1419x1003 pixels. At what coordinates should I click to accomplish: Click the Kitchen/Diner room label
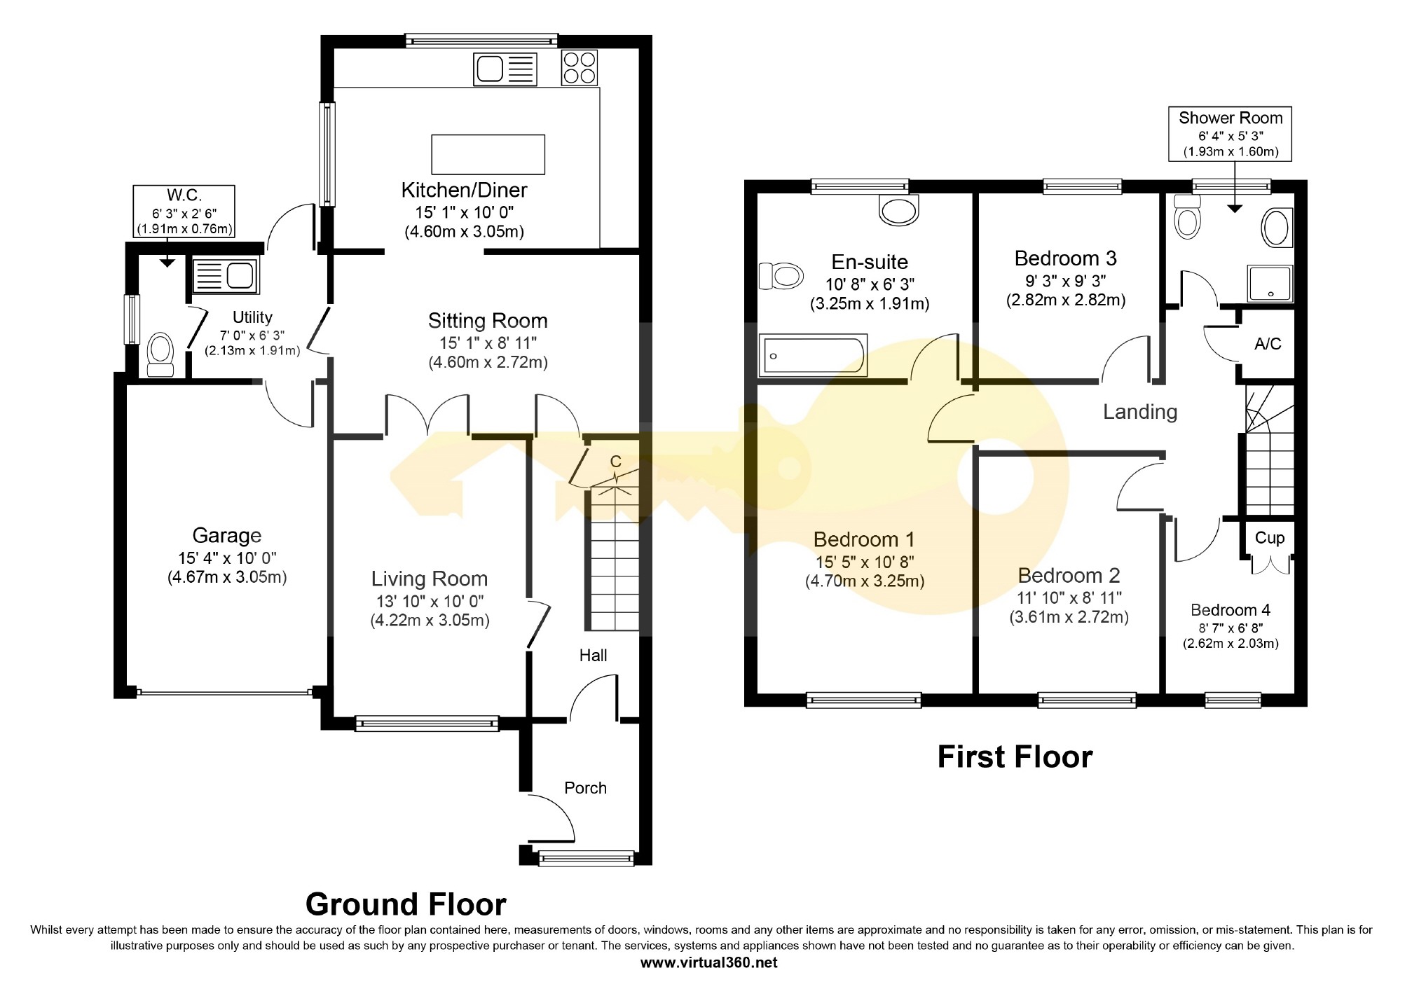(464, 190)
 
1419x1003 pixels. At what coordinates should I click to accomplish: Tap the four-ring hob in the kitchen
(580, 68)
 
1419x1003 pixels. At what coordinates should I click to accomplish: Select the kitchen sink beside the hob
(505, 69)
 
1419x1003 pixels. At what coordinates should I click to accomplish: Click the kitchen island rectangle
(488, 154)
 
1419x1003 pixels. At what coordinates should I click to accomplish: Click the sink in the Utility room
(224, 274)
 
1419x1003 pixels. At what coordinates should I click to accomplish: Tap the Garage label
(227, 536)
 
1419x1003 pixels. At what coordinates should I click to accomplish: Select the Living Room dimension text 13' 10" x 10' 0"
(430, 601)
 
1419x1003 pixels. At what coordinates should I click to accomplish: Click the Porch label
(586, 788)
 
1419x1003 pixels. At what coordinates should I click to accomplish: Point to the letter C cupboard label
(616, 462)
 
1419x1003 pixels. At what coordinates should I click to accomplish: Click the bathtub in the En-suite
(813, 355)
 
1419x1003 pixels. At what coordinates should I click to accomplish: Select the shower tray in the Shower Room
(1270, 283)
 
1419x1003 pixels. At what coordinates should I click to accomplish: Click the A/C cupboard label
(1268, 344)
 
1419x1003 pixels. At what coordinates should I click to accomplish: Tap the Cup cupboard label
(1270, 538)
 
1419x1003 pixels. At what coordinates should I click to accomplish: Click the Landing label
(1140, 412)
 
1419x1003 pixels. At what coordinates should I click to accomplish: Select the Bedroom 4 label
(1231, 610)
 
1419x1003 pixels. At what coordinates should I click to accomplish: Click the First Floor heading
(1015, 758)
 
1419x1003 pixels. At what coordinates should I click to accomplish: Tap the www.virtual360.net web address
(709, 962)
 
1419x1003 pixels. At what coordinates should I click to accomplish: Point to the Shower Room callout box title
(1231, 118)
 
